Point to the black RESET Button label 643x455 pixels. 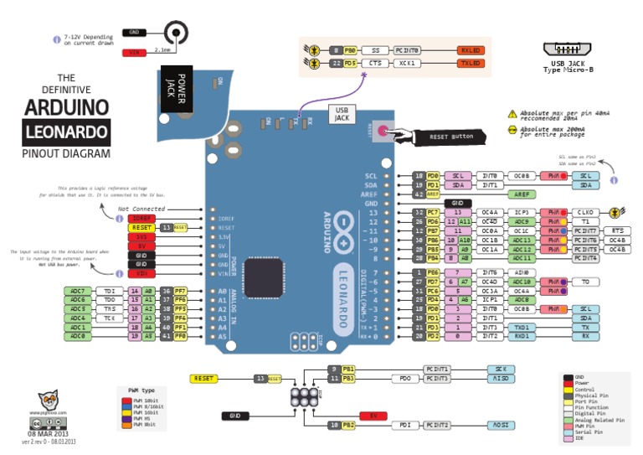tap(450, 136)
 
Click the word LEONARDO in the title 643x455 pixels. tap(66, 132)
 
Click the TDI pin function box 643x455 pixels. tap(110, 291)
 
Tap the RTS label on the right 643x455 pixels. tap(617, 230)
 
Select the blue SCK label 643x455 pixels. tap(500, 369)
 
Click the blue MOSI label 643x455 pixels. tap(500, 425)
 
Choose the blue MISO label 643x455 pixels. tap(500, 379)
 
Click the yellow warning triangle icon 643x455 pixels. tap(512, 114)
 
